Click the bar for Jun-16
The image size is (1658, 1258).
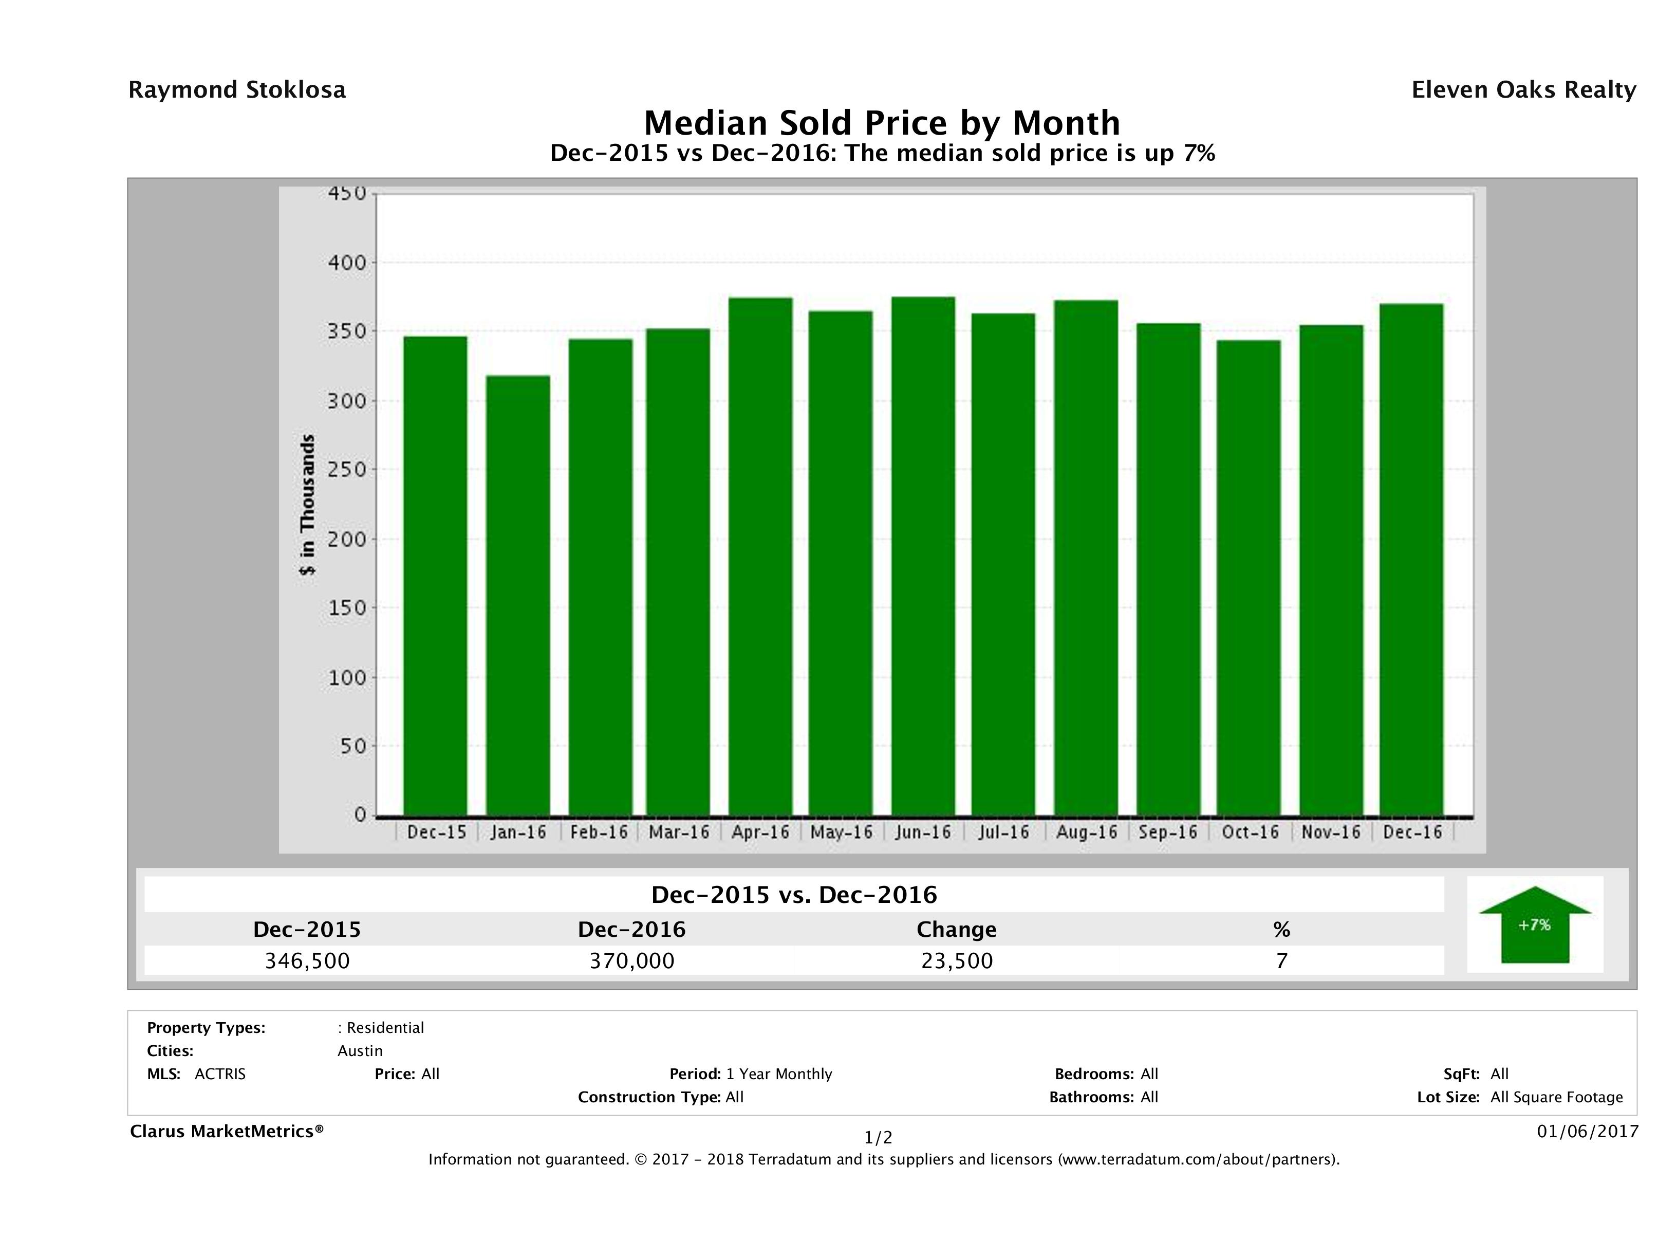pyautogui.click(x=923, y=556)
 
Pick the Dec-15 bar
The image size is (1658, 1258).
pyautogui.click(x=436, y=576)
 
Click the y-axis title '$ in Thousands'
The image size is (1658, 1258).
pyautogui.click(x=307, y=505)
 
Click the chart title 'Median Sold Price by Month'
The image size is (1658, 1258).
pyautogui.click(x=882, y=123)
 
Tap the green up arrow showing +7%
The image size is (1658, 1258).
pyautogui.click(x=1534, y=924)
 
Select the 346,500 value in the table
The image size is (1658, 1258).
pyautogui.click(x=307, y=961)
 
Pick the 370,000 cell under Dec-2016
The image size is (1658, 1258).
pyautogui.click(x=632, y=961)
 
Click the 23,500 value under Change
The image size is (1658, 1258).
pyautogui.click(x=957, y=961)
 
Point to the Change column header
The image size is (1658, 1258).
pyautogui.click(x=957, y=930)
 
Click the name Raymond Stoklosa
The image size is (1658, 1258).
pyautogui.click(x=237, y=90)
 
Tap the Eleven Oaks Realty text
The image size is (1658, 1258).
pyautogui.click(x=1523, y=90)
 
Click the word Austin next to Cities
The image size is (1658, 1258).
pyautogui.click(x=360, y=1051)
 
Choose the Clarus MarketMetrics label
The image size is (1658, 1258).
pyautogui.click(x=227, y=1131)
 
